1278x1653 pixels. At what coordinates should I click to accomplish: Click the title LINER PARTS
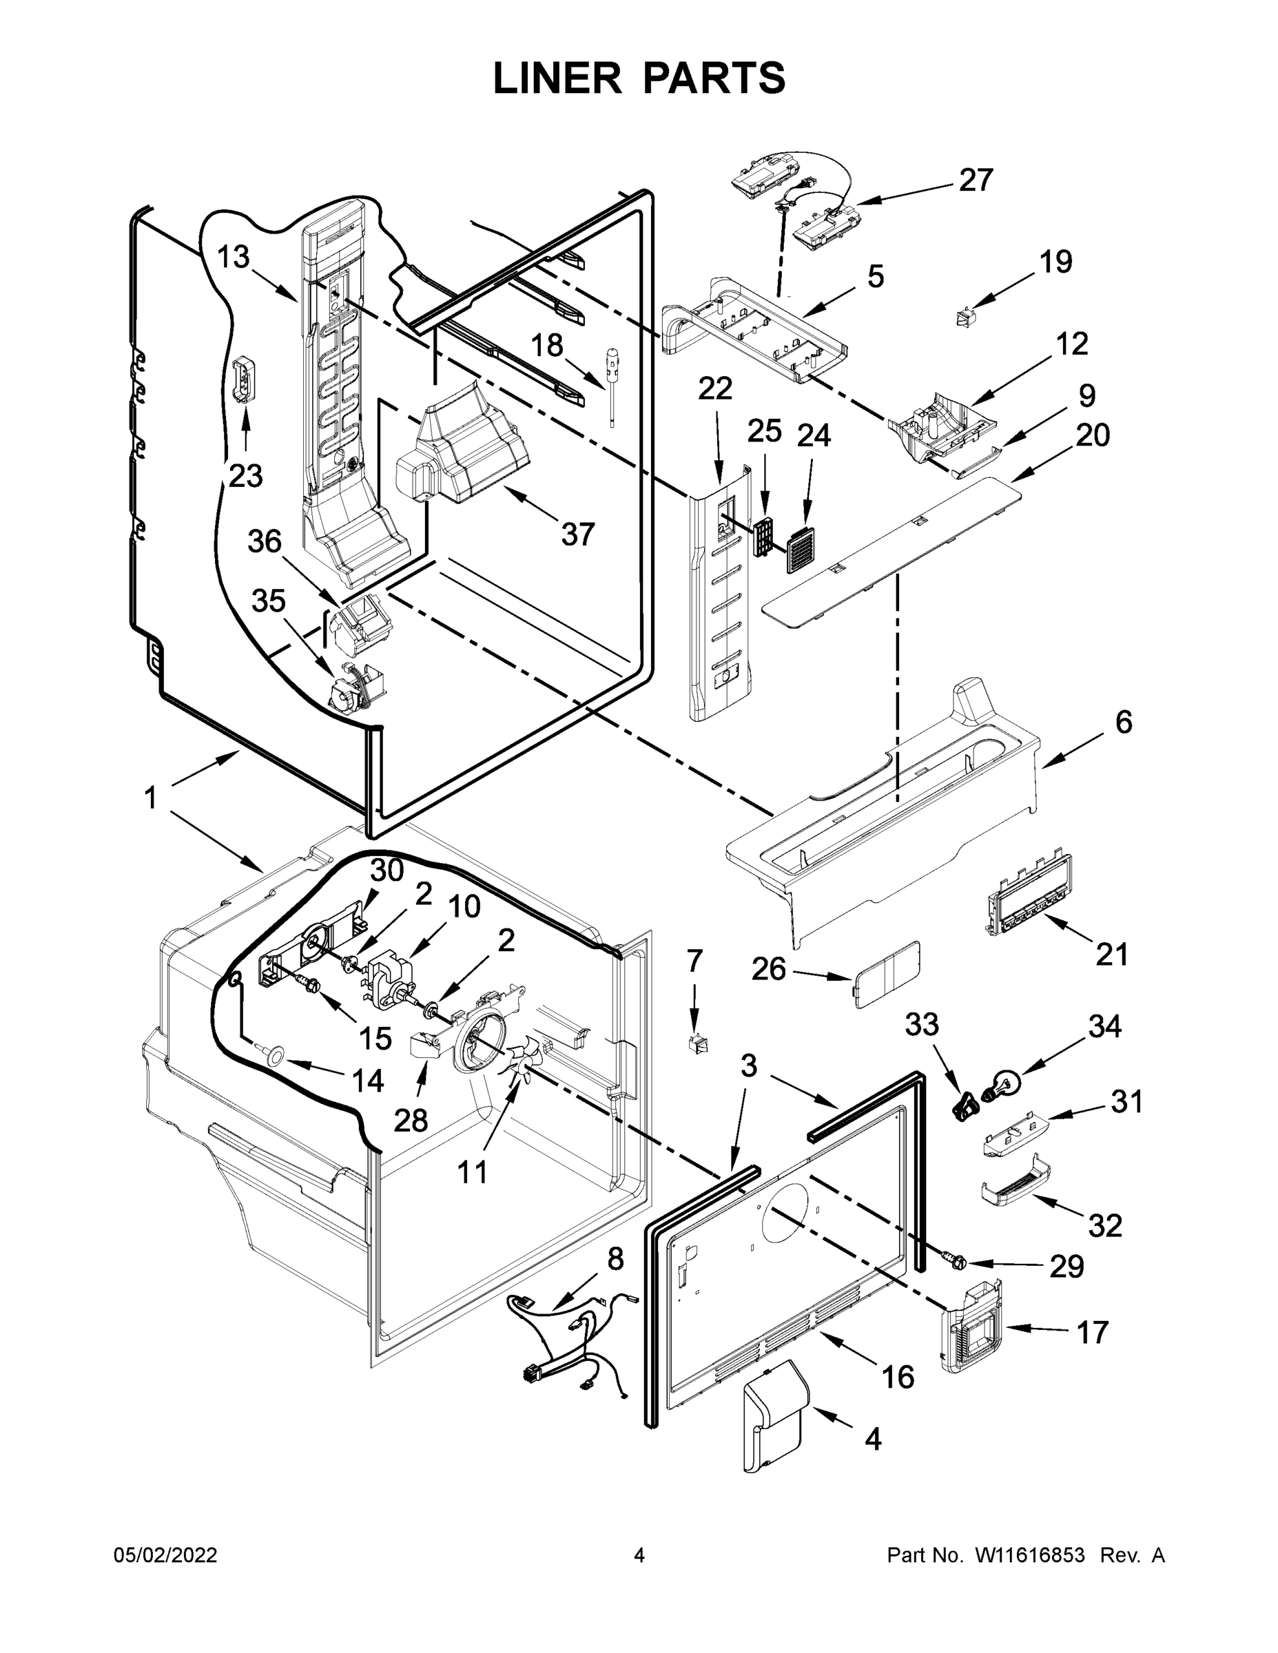[x=639, y=78]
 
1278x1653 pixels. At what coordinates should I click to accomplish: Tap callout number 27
[x=975, y=180]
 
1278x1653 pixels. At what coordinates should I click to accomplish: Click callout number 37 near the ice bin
[x=577, y=534]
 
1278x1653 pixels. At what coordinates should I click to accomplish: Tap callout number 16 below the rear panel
[x=897, y=1377]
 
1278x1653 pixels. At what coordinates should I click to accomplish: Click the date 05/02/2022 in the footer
[x=165, y=1555]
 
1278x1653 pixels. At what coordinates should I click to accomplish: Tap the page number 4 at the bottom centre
[x=639, y=1555]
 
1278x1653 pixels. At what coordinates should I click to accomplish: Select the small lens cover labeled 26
[x=887, y=974]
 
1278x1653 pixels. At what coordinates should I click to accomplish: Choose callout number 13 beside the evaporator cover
[x=233, y=258]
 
